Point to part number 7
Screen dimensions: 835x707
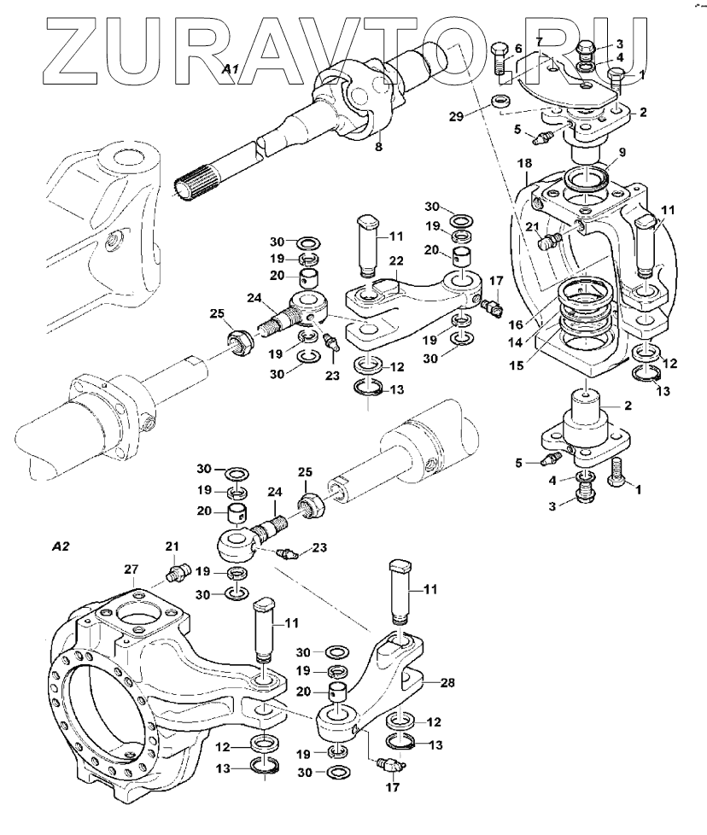click(x=539, y=42)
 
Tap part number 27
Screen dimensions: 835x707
click(x=131, y=569)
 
